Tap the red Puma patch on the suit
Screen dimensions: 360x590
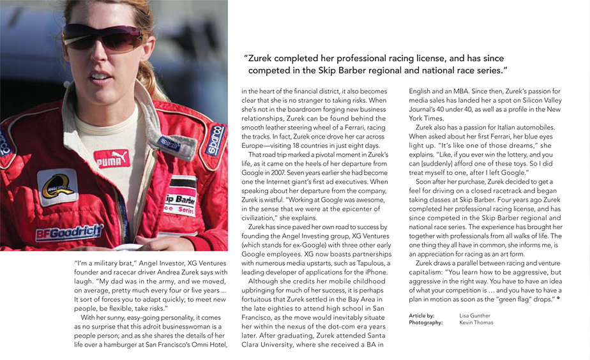coord(112,159)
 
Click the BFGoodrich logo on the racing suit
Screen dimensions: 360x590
coord(69,232)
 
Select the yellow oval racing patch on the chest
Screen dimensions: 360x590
coord(57,186)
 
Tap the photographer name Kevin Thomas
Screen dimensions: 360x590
coord(476,323)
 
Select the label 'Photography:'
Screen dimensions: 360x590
coord(426,323)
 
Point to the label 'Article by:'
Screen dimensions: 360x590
coord(421,315)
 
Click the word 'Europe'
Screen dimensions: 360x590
coord(255,146)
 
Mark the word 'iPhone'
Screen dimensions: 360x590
coord(376,271)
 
